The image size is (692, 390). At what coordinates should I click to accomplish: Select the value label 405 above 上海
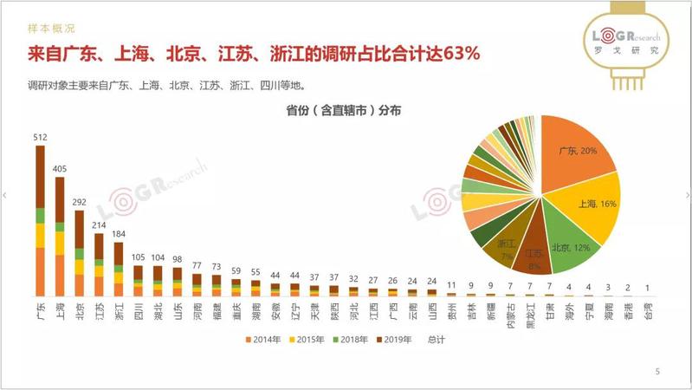60,170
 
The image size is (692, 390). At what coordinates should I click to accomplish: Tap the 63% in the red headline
461,54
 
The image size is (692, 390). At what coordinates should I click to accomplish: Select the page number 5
657,372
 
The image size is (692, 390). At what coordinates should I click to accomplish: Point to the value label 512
40,137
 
